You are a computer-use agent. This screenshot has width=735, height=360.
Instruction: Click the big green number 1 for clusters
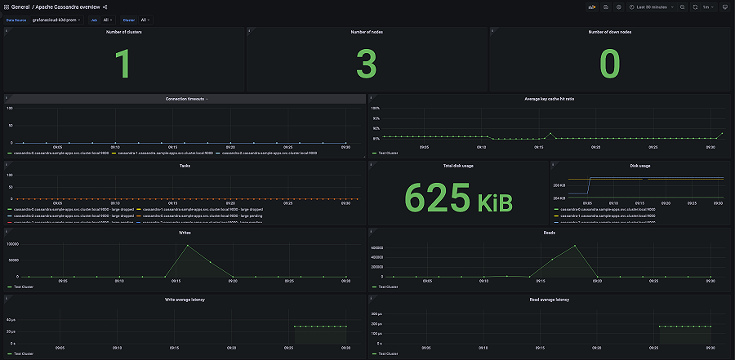122,64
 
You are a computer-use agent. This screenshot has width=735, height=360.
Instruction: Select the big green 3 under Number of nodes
366,64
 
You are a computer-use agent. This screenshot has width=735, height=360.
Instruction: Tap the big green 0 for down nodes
609,64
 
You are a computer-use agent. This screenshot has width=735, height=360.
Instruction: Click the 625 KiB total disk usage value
457,197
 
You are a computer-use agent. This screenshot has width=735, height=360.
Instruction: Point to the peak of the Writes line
188,245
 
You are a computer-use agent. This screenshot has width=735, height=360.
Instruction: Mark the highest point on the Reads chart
575,245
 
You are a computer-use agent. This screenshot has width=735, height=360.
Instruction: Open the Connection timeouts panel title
185,99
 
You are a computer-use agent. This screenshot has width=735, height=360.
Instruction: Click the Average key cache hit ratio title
549,99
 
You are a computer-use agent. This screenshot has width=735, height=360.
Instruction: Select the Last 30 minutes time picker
651,7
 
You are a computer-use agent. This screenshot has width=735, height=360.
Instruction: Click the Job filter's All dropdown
109,20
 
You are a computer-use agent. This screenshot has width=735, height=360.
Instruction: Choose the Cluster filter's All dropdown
145,20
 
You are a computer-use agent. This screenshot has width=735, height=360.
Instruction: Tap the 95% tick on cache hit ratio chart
376,118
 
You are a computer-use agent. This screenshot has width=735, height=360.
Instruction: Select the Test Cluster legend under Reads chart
389,287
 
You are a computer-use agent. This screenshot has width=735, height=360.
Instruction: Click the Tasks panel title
185,166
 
